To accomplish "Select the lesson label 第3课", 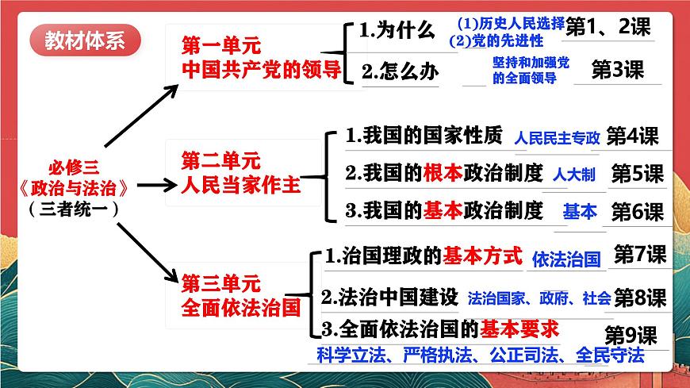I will (x=618, y=70).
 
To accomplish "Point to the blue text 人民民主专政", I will (x=557, y=138).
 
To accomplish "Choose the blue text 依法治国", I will (x=566, y=259).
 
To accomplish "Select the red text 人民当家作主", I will (x=240, y=186).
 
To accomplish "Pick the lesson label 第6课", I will (x=637, y=212).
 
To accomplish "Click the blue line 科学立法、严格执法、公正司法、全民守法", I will (x=479, y=355).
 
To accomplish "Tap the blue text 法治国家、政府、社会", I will (x=539, y=298).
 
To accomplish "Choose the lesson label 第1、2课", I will (x=609, y=26).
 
